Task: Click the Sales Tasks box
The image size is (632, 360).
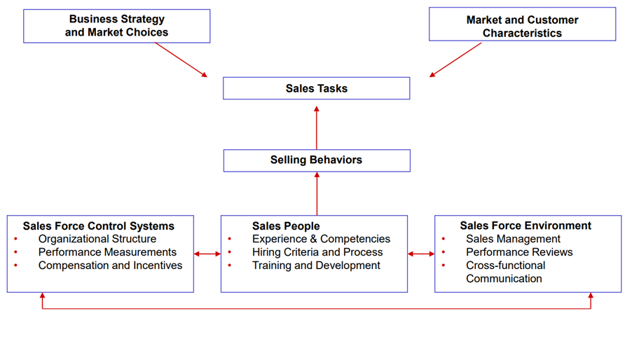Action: click(316, 88)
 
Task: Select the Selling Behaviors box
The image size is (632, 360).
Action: click(316, 160)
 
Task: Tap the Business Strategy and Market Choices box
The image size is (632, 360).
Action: click(116, 26)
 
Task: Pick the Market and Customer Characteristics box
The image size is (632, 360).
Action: click(522, 27)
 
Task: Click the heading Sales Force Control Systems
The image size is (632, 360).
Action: click(98, 226)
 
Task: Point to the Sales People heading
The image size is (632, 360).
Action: click(286, 226)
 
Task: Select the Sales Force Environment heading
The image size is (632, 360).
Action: click(525, 226)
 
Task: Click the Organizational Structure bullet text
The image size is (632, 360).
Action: click(97, 239)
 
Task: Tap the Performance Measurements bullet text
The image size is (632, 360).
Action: click(107, 252)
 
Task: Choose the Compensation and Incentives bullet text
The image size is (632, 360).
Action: click(110, 265)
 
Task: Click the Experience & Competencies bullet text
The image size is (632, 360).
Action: click(321, 239)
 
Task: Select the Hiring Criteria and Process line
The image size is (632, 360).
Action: click(317, 252)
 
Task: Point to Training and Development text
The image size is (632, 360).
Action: click(316, 265)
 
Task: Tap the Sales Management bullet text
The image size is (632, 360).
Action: click(513, 239)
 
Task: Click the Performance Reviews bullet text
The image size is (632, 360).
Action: click(519, 252)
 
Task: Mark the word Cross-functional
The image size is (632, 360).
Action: click(505, 265)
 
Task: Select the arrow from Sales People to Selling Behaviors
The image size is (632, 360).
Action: click(317, 194)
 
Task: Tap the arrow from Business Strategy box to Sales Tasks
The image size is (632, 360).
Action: click(181, 60)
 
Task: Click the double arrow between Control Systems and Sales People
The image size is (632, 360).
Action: click(207, 254)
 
